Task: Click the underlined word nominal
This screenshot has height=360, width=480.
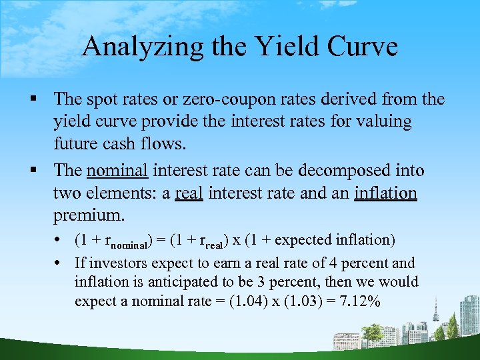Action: pyautogui.click(x=117, y=171)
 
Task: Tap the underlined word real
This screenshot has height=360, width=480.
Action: pyautogui.click(x=189, y=193)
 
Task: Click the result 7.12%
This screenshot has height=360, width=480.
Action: pyautogui.click(x=358, y=301)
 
